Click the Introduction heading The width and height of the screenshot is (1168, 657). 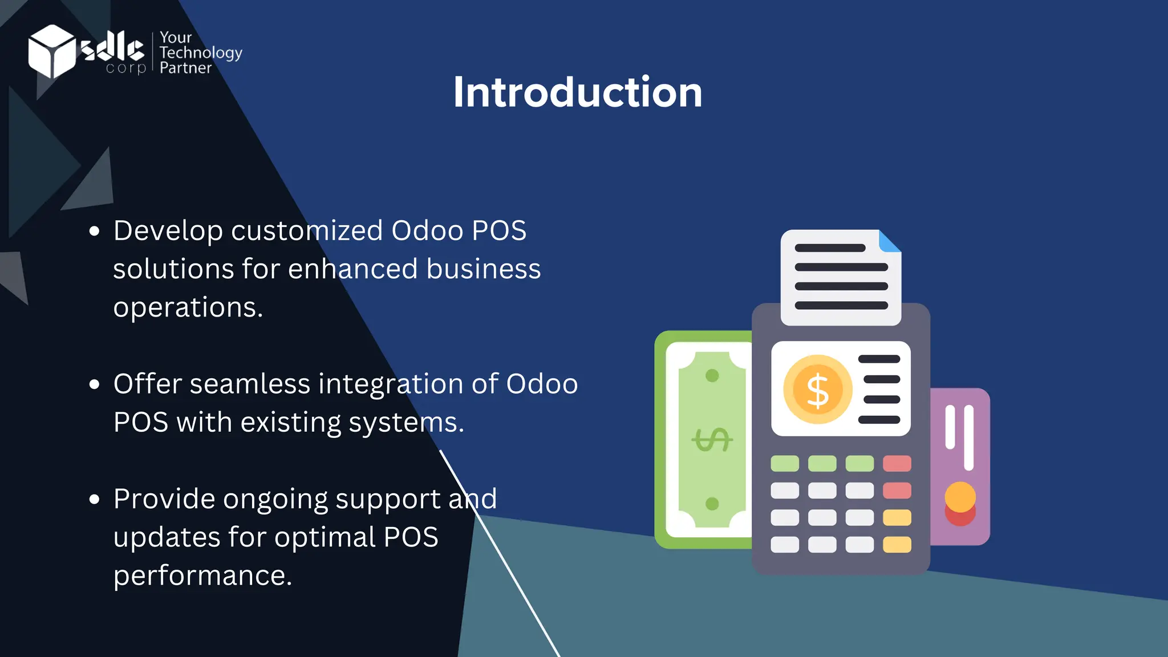coord(577,92)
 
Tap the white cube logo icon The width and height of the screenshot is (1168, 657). coord(51,51)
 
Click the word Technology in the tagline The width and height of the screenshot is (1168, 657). coord(201,53)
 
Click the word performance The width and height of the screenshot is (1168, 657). coord(202,575)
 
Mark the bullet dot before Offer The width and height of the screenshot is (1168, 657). coord(95,384)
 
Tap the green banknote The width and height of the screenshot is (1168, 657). coord(707,440)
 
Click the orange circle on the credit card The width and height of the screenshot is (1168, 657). coord(960,496)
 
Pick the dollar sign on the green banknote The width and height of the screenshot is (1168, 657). coord(712,440)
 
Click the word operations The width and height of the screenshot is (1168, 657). coord(188,308)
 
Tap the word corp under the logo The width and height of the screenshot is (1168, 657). coord(126,68)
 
